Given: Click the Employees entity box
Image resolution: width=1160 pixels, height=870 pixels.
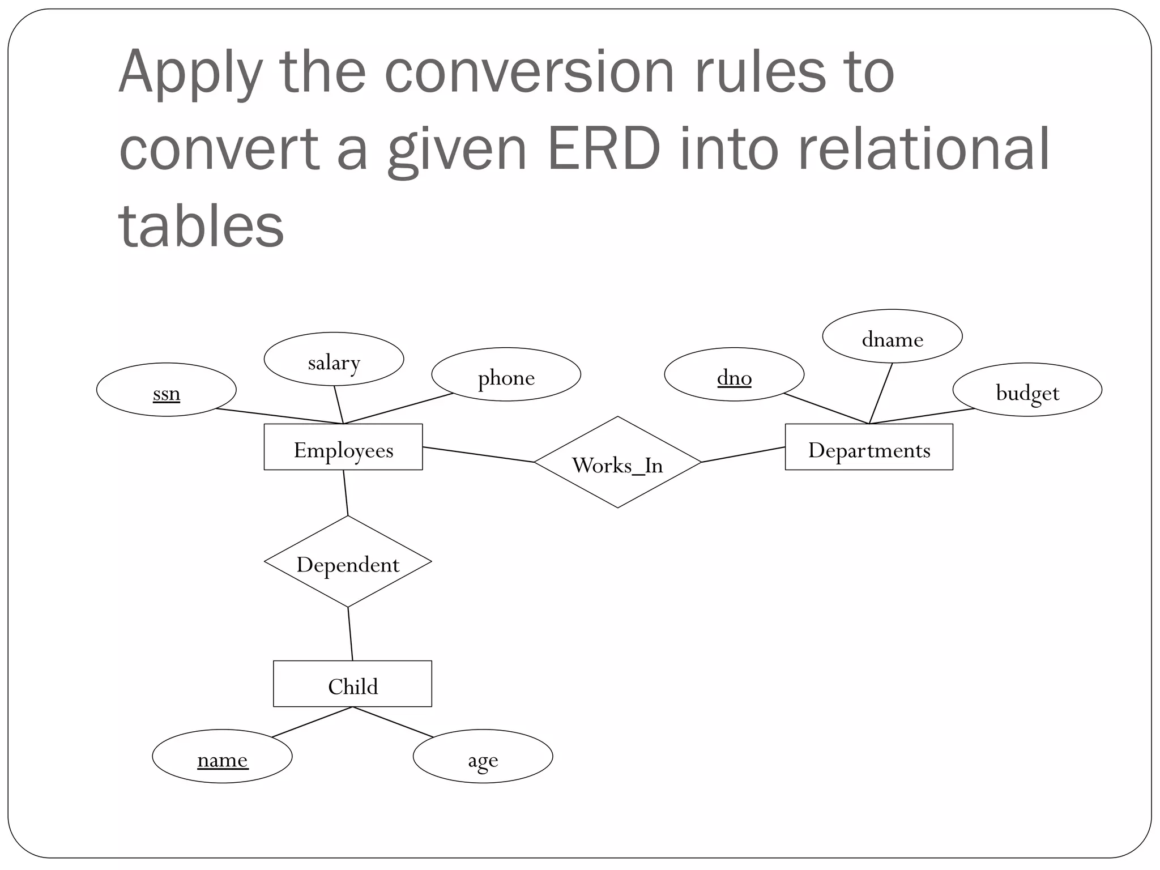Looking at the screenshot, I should [x=343, y=447].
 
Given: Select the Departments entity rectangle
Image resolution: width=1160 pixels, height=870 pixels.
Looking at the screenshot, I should [x=868, y=447].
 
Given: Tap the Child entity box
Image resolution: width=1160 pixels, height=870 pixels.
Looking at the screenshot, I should [x=352, y=684].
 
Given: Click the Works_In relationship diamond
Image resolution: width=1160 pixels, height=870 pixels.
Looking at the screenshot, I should [x=617, y=462].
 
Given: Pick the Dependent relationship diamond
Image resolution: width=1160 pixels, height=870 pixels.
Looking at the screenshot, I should [x=348, y=562].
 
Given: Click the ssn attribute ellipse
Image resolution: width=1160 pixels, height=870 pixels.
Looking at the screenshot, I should [x=167, y=390].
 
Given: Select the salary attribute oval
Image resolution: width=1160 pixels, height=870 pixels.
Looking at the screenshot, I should [x=334, y=359].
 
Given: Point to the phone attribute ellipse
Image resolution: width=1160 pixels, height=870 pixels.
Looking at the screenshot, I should [x=506, y=374].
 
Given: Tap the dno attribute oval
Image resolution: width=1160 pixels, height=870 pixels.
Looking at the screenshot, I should [x=734, y=374].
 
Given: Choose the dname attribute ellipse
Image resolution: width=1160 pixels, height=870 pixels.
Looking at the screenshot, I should [x=892, y=336].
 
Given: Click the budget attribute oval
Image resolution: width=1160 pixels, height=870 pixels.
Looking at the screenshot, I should [x=1027, y=390].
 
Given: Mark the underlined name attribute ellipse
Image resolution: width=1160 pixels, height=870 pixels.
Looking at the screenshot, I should [x=222, y=756].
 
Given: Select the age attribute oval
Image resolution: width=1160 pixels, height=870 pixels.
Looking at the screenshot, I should [x=483, y=756].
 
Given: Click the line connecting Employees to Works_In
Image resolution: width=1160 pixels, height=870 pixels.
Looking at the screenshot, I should [x=479, y=455].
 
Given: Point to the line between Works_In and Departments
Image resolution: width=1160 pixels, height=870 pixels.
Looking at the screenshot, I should [x=743, y=454].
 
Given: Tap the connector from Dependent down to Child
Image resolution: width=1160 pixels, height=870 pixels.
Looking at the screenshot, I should [x=350, y=633].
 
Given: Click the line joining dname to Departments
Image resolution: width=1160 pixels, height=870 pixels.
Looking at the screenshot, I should [x=881, y=393].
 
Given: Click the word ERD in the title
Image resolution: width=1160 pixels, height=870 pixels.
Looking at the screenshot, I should [x=604, y=148].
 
